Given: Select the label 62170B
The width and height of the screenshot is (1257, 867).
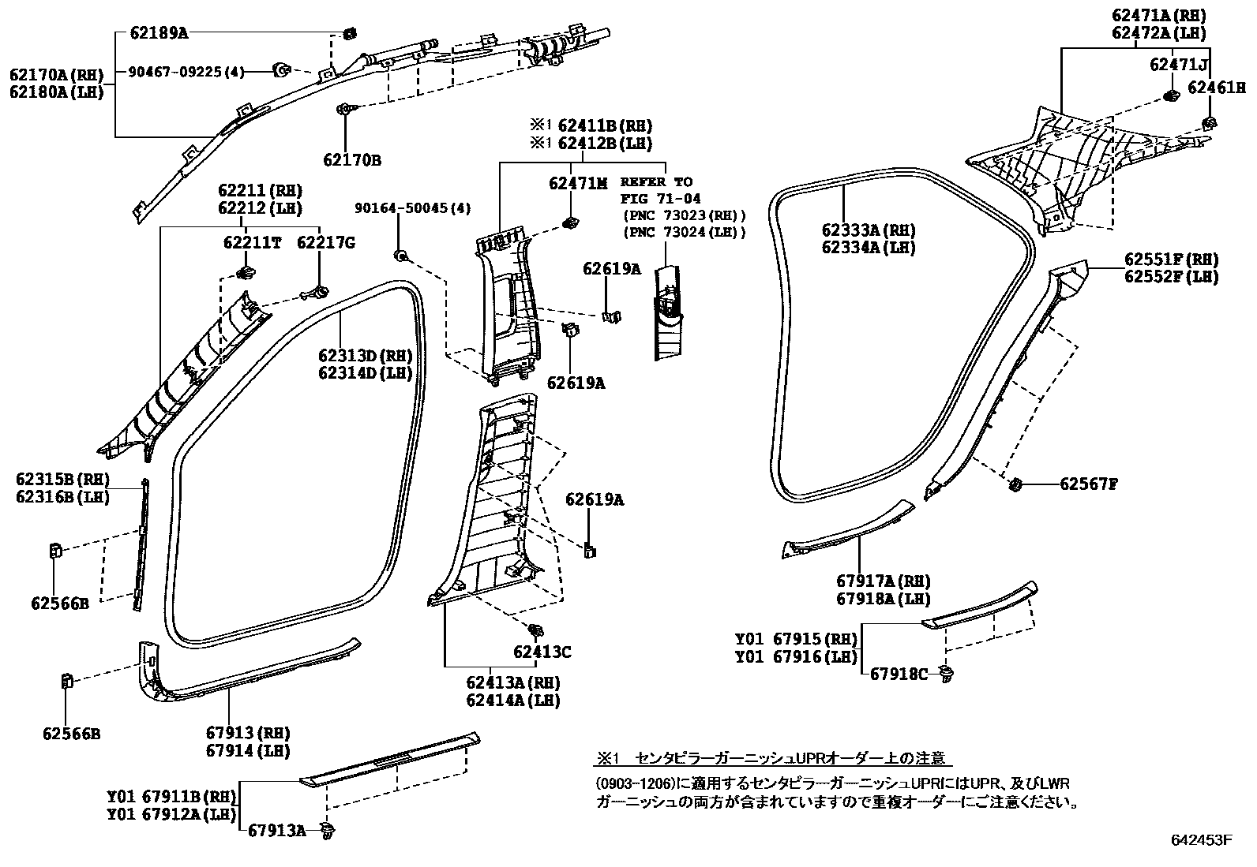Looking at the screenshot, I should point(351,160).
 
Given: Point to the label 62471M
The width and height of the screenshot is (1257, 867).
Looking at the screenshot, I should point(578,183).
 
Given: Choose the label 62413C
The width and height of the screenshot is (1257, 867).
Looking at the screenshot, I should point(542,652).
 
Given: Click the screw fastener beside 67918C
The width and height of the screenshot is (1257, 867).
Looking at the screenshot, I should point(945,673).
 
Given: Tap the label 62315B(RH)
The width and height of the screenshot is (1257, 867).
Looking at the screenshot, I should point(62,480).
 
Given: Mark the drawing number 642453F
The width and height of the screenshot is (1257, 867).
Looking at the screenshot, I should point(1200,840).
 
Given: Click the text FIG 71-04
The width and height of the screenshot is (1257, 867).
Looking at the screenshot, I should point(660,198).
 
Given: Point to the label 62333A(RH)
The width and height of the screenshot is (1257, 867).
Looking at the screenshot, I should point(868,230).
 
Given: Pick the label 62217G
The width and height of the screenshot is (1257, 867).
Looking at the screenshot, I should point(325,243).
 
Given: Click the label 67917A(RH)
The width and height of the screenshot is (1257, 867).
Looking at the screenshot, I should point(884,581).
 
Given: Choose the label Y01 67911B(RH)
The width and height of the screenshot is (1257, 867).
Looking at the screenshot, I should point(171,797).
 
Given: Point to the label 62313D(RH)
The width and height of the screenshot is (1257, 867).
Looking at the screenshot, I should point(366,356).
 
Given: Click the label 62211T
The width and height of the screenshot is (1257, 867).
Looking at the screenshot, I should point(252,243).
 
